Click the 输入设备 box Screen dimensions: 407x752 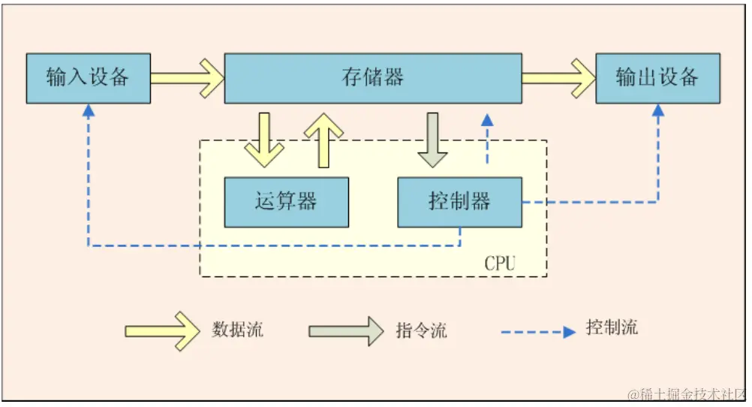pos(88,78)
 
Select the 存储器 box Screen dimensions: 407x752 pos(373,78)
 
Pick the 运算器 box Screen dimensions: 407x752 pos(286,202)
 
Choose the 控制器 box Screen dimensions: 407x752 pos(459,202)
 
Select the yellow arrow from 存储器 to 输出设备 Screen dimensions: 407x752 pos(558,78)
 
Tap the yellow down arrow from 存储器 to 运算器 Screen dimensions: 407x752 pos(264,140)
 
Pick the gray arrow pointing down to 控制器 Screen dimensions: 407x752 pos(433,140)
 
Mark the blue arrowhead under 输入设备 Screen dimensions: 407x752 pos(88,110)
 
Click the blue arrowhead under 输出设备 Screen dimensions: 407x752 pos(658,110)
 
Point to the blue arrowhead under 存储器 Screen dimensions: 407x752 pos(488,119)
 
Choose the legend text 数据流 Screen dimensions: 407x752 pos(238,329)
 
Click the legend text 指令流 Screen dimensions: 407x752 pos(421,330)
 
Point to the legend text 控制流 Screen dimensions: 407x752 pos(612,327)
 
